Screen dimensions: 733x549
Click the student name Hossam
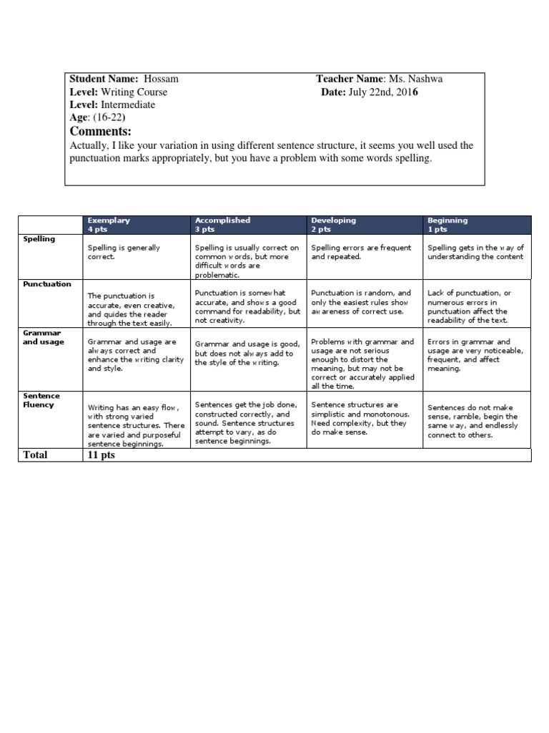point(162,79)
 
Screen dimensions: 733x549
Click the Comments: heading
point(101,132)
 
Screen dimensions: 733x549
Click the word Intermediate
point(127,105)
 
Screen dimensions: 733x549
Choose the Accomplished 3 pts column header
point(222,225)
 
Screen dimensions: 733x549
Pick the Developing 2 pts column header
point(332,225)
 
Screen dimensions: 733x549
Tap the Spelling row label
point(40,239)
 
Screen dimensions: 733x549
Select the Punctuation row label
point(47,284)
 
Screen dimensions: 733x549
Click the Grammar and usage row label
point(42,337)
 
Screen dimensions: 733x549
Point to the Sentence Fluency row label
point(41,400)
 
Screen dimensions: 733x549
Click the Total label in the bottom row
point(36,455)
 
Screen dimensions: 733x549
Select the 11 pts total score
point(101,455)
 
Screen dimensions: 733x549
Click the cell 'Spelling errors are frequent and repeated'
point(362,252)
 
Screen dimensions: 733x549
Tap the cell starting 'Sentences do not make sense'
point(473,420)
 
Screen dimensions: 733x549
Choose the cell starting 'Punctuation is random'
point(362,302)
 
